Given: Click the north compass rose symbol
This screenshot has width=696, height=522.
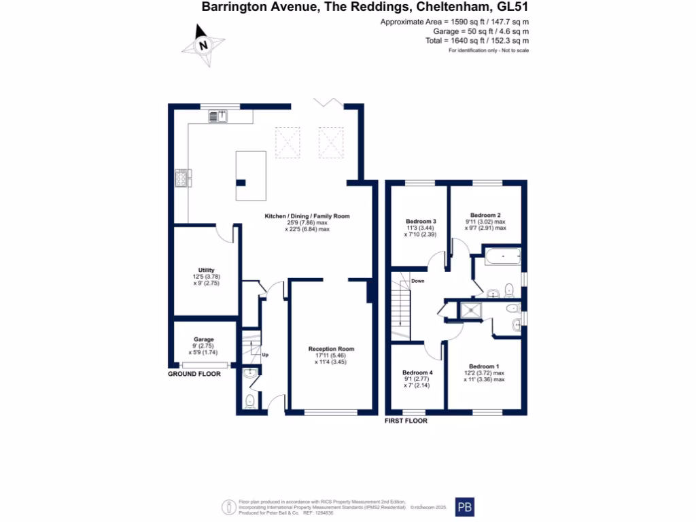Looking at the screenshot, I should click(203, 46).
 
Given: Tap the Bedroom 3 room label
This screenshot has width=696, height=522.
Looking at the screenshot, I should click(421, 222).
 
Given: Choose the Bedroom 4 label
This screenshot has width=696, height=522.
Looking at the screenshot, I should click(417, 372).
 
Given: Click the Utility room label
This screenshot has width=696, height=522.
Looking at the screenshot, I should click(207, 271).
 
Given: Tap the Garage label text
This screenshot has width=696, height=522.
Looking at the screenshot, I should click(204, 339).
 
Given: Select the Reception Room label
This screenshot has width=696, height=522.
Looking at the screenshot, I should click(331, 349).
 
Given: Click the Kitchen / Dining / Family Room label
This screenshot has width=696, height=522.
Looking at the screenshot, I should click(307, 216).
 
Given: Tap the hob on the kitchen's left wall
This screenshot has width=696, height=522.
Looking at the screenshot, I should click(181, 178).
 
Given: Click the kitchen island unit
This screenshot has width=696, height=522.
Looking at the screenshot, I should click(251, 175).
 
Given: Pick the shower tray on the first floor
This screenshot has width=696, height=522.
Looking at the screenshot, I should click(470, 311).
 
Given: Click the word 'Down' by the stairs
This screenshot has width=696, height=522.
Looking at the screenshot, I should click(418, 281).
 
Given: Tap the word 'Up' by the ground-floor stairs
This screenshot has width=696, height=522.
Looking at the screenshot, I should click(264, 355).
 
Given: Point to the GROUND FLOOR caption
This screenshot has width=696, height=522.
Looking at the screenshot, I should click(195, 374).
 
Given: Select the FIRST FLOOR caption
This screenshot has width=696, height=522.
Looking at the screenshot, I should click(406, 421).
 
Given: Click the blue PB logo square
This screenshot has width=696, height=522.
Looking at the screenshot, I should click(465, 507).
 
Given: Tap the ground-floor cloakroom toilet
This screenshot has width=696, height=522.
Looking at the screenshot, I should click(249, 401).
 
